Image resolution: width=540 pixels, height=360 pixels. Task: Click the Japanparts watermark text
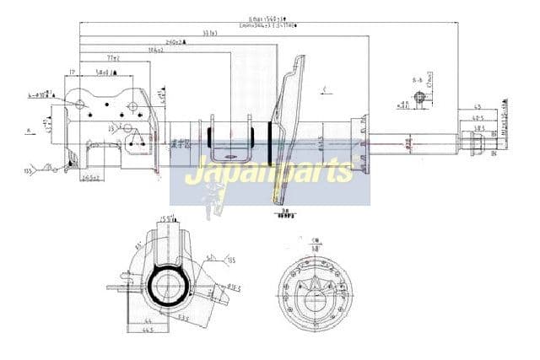(269, 173)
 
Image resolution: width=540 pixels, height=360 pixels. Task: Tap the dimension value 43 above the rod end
(478, 107)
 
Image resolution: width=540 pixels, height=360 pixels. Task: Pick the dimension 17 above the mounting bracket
(73, 72)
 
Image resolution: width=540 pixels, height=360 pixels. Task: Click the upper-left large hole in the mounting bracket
(80, 105)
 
